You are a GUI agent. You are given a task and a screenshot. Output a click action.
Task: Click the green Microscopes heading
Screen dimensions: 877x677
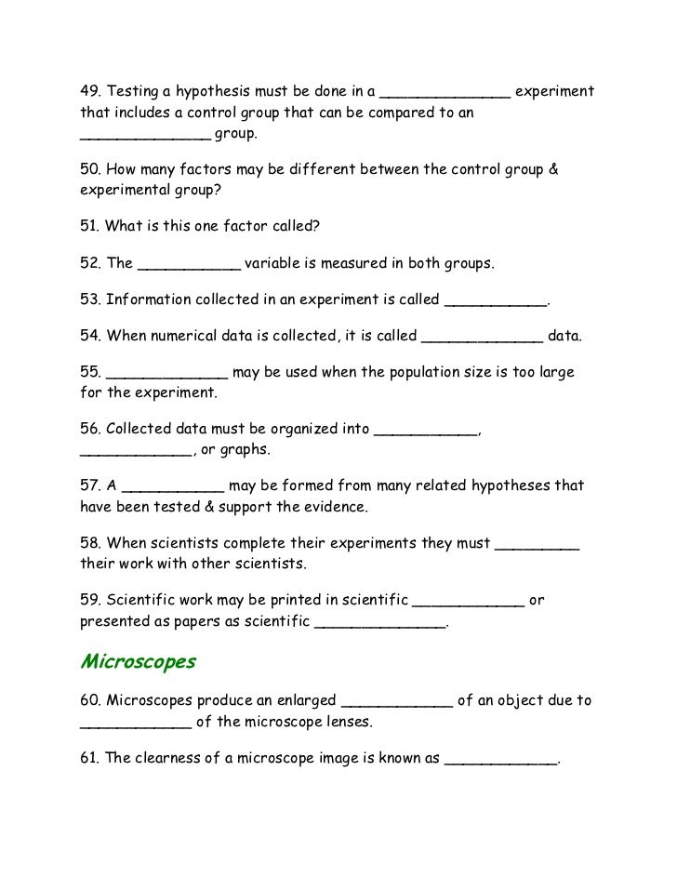click(x=138, y=662)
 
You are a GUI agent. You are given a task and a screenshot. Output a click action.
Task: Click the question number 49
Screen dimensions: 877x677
click(x=89, y=93)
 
